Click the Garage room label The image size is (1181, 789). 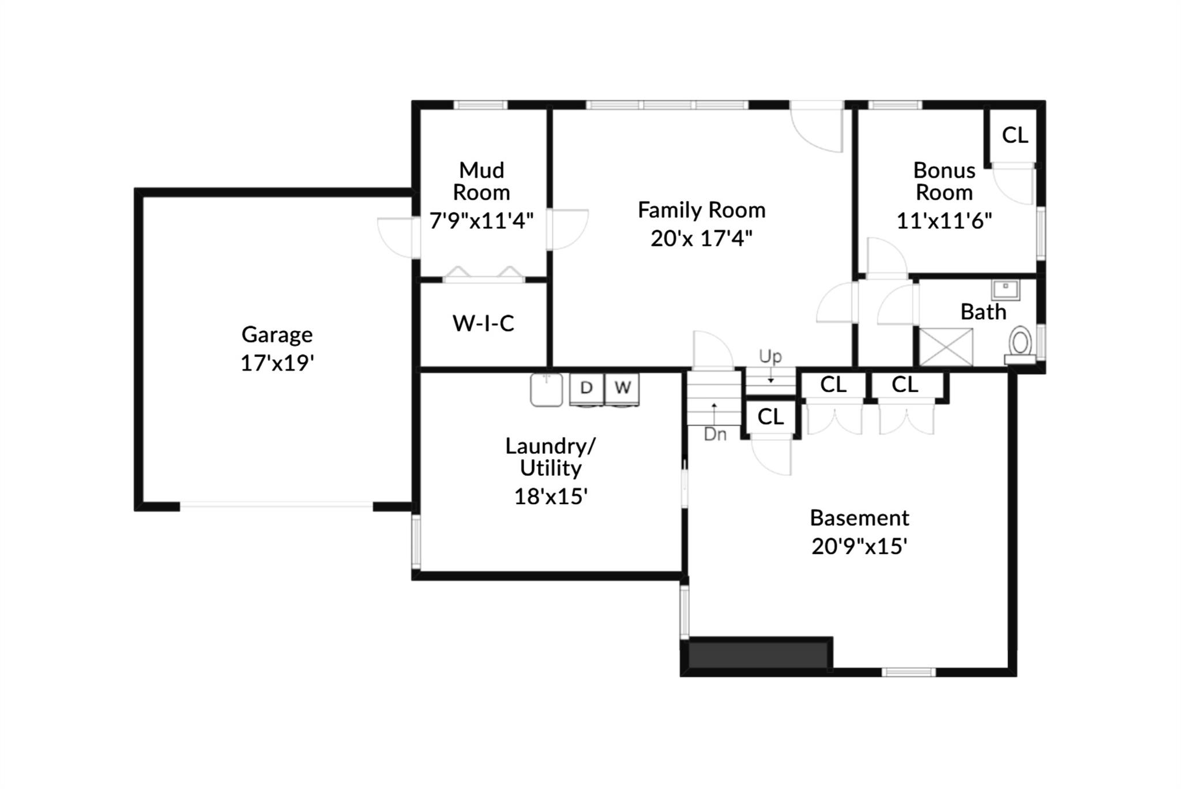(277, 335)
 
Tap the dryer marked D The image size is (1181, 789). (586, 388)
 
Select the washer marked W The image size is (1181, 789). (622, 388)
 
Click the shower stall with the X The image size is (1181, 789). (946, 347)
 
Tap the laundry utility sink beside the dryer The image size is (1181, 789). (546, 389)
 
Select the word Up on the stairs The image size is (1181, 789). (770, 356)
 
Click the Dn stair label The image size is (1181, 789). (715, 434)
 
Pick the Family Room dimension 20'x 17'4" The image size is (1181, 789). (701, 238)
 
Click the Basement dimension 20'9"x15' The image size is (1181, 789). (859, 546)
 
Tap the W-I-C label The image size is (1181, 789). (483, 324)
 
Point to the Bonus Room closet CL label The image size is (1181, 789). (1015, 136)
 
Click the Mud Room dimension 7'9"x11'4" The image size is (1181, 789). (482, 221)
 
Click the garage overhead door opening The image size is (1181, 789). (277, 506)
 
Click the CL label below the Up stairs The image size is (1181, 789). (770, 417)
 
